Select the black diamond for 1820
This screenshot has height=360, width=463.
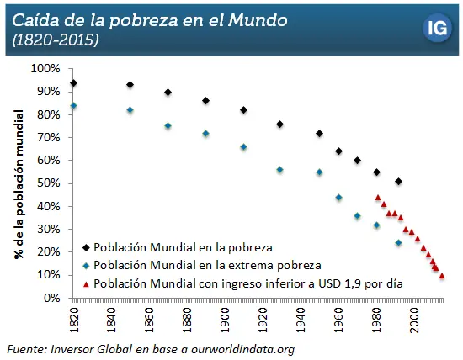pos(74,82)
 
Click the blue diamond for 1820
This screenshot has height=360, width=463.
pos(74,106)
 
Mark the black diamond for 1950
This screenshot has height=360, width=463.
pos(319,133)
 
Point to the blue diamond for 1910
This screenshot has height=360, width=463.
pos(243,147)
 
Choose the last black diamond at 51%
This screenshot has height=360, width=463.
pos(398,182)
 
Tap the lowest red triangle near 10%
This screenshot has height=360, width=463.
pos(442,275)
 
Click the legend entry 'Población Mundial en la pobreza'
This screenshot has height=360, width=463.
pos(183,247)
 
